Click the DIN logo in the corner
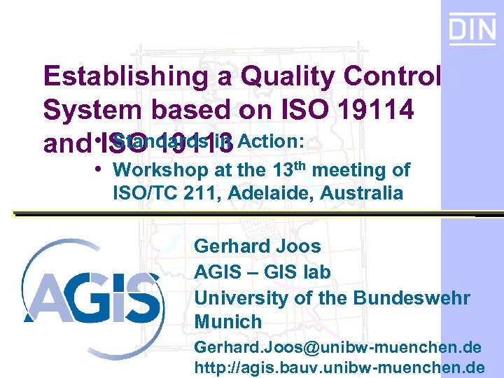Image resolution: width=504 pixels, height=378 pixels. click(472, 29)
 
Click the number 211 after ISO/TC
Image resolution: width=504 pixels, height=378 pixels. click(193, 193)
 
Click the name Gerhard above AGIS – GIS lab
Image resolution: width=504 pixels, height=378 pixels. click(232, 246)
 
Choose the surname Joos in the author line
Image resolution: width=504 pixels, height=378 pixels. click(298, 246)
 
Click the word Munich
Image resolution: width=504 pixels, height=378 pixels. click(227, 323)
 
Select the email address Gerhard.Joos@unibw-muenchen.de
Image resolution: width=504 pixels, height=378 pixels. click(337, 347)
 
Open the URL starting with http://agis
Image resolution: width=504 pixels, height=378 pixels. click(339, 367)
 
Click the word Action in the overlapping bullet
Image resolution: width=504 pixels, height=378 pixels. click(270, 142)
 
